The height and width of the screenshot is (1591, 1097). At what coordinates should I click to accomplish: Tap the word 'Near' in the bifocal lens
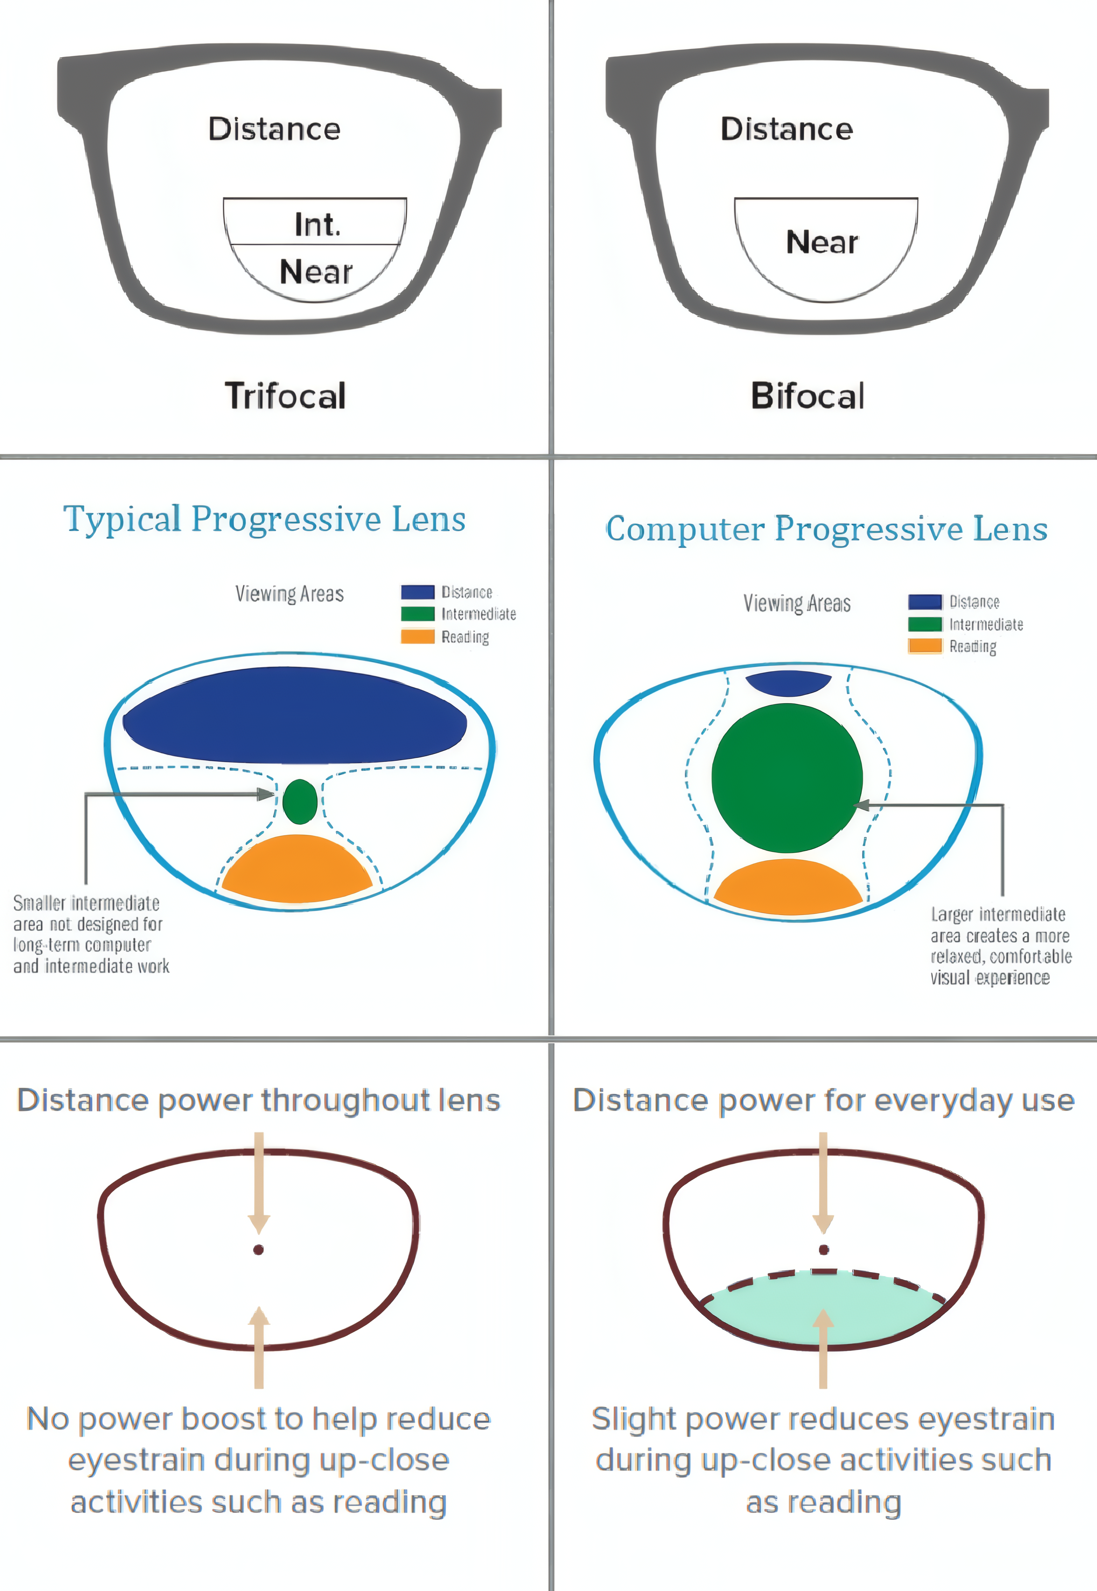822,242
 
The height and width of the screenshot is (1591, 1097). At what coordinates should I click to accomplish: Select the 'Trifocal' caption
285,396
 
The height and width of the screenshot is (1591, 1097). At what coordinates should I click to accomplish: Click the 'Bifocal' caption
808,396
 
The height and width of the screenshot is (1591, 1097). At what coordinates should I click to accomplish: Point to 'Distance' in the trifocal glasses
274,129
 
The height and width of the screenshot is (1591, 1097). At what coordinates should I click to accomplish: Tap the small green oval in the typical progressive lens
300,801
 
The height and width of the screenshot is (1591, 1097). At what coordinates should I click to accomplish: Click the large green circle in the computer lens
787,778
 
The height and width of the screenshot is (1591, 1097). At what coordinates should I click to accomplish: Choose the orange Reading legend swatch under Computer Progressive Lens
925,646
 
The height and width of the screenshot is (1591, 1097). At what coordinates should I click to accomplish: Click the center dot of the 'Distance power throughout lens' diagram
258,1249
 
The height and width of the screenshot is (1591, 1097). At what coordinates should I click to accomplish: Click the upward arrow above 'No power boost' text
258,1348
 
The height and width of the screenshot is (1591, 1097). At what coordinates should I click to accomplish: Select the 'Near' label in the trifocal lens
316,272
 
